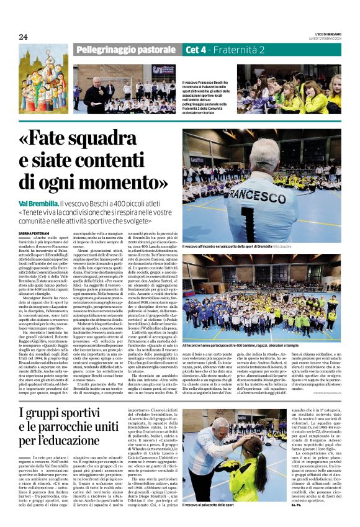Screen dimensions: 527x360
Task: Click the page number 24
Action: (x=23, y=37)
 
